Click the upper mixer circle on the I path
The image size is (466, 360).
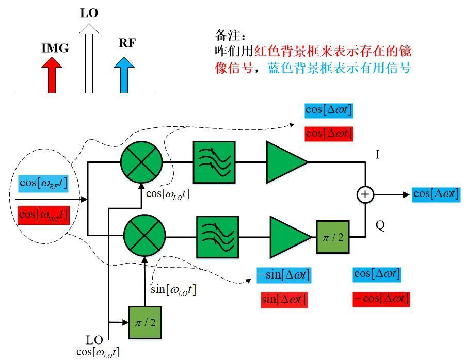(x=141, y=161)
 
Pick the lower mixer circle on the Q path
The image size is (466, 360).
(x=144, y=236)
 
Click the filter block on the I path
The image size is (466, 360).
(x=214, y=162)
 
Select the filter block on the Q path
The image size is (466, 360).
(x=217, y=237)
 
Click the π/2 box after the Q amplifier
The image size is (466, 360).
(x=333, y=236)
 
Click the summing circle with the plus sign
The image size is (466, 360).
(x=365, y=194)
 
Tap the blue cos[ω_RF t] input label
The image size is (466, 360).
(x=43, y=183)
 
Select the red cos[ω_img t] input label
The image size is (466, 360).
(x=43, y=215)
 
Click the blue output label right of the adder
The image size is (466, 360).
(x=436, y=194)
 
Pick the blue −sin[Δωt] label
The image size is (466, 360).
(x=284, y=274)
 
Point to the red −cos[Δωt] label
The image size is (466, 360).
(x=381, y=299)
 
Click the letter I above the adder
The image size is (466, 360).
(x=377, y=154)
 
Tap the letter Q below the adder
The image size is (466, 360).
(x=380, y=226)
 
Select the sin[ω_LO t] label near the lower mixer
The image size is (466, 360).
(x=173, y=290)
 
